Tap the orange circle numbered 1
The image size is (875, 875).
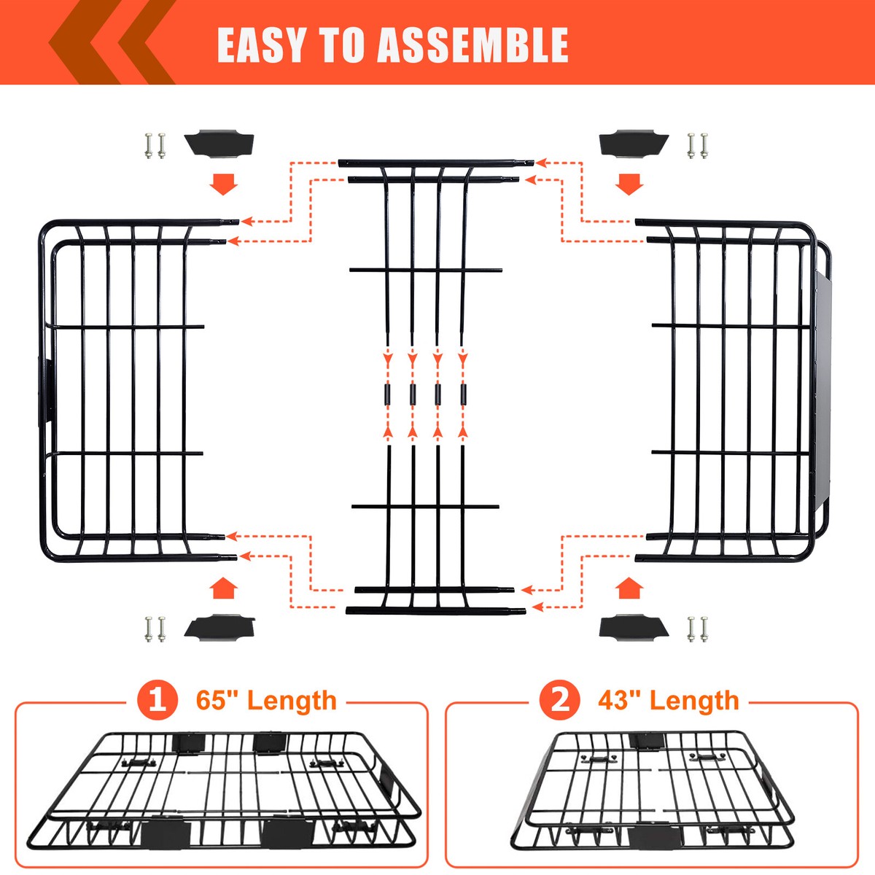(x=157, y=700)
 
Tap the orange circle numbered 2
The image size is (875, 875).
(x=559, y=700)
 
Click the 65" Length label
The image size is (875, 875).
(x=266, y=700)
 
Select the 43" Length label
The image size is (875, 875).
(x=669, y=700)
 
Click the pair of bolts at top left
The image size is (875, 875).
(x=155, y=145)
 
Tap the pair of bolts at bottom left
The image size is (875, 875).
(x=155, y=629)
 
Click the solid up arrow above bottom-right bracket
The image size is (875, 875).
(x=629, y=588)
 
